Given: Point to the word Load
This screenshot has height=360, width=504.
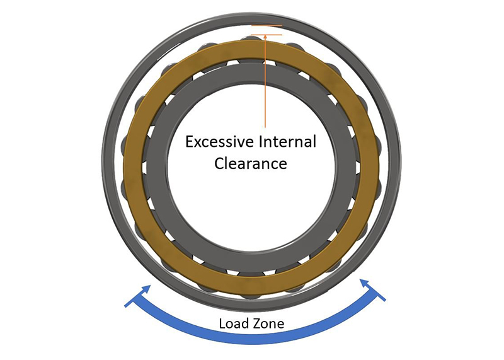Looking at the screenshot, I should (232, 324).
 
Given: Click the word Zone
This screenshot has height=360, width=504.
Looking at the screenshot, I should (269, 324).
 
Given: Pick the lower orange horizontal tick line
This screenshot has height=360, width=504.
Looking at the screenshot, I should (265, 35).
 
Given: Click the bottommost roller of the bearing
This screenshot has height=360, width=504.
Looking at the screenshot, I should (251, 289).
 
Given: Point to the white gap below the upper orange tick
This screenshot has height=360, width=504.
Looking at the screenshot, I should (265, 30).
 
